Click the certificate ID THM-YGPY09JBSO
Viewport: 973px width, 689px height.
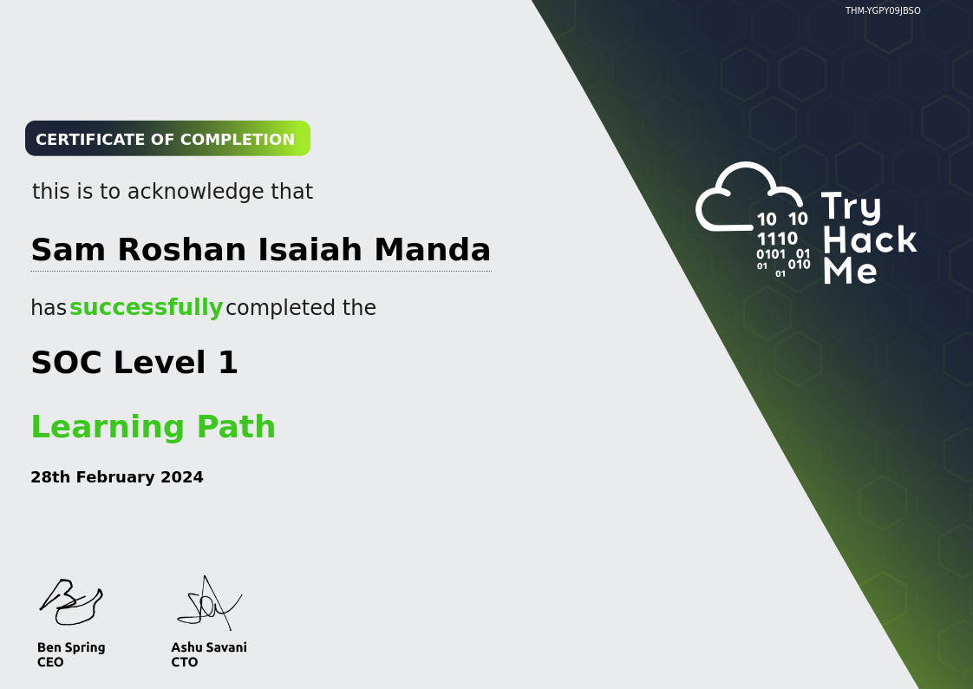883,10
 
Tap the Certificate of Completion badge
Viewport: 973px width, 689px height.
167,139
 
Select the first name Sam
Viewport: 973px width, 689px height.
69,250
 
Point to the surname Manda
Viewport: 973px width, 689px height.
433,250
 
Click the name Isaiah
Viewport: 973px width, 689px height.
310,250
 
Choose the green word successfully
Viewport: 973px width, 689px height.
146,307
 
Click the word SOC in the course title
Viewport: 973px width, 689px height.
67,363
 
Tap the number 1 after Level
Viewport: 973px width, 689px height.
228,363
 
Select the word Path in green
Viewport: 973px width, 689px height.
236,426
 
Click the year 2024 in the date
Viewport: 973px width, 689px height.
182,476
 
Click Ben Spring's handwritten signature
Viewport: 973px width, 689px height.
70,601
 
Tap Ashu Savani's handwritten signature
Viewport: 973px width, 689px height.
209,603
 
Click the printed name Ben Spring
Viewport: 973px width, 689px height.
71,647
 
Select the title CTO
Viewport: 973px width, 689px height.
185,662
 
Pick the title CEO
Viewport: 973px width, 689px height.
50,662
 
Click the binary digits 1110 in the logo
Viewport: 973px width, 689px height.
777,239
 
